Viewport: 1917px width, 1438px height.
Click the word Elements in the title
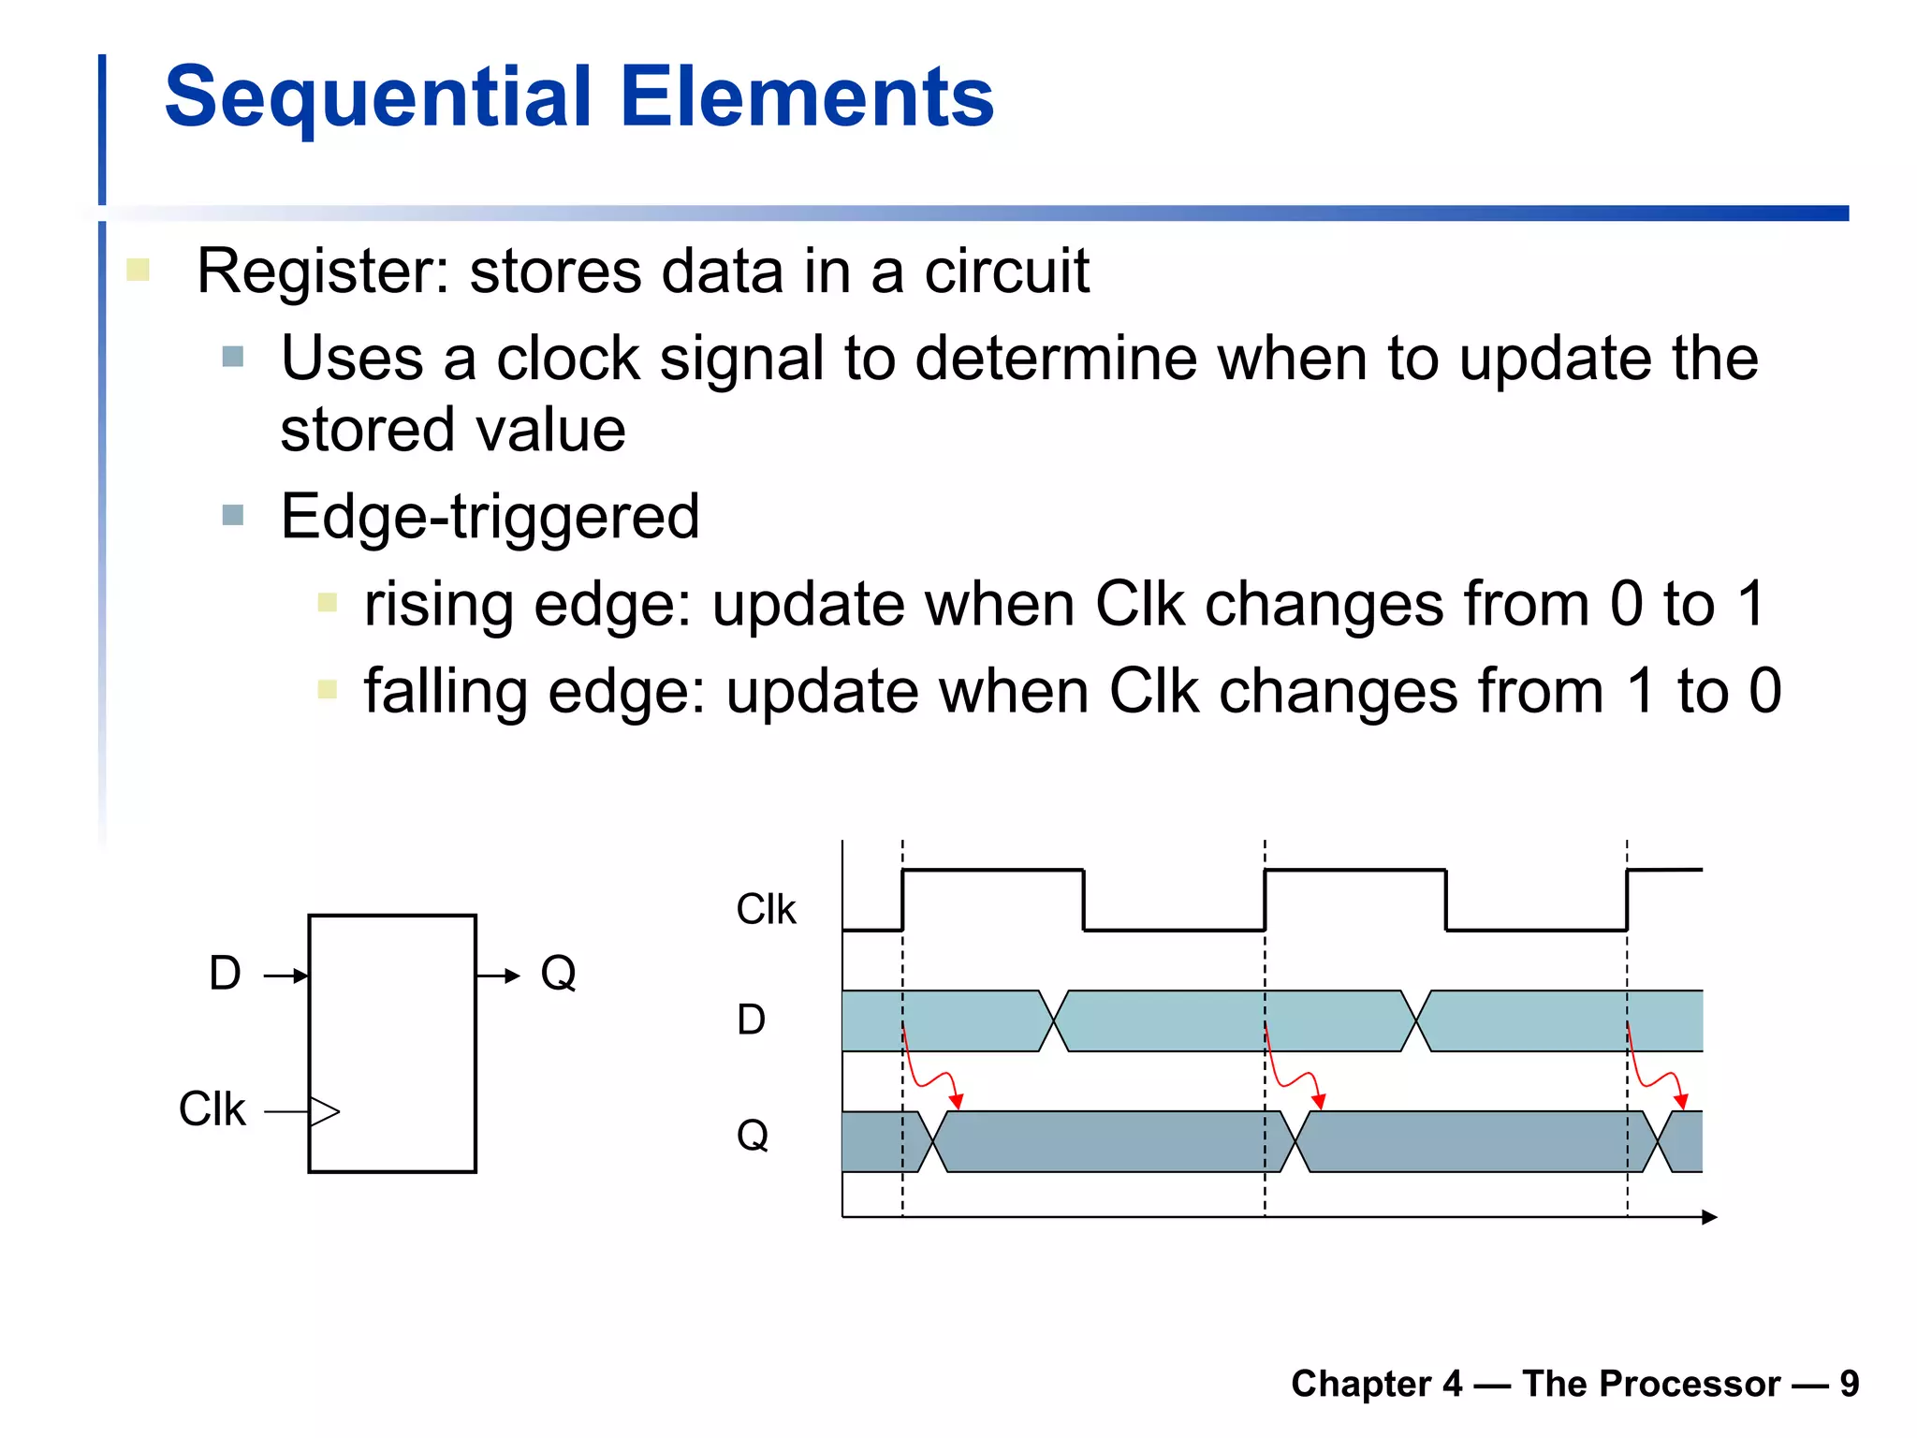(x=806, y=97)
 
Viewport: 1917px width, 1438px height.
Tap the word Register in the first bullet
(x=316, y=272)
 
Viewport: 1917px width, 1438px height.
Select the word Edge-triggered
(x=490, y=517)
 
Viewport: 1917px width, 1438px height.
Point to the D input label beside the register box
(x=225, y=974)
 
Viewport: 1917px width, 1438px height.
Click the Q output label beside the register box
(x=558, y=974)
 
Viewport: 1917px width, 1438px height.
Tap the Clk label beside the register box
(x=212, y=1109)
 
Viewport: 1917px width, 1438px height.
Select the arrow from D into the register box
(x=286, y=976)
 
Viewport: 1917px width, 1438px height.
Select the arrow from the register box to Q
(x=498, y=976)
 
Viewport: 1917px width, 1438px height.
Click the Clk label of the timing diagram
(x=766, y=909)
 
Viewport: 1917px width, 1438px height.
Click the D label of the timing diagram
(x=751, y=1020)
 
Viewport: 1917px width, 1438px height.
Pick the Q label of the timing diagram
(x=752, y=1136)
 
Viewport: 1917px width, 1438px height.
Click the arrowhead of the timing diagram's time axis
(x=1709, y=1217)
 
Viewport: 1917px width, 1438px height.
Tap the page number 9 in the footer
(x=1849, y=1384)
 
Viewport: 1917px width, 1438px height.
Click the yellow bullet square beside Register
(x=138, y=271)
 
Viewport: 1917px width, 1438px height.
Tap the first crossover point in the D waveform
(x=1054, y=1020)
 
